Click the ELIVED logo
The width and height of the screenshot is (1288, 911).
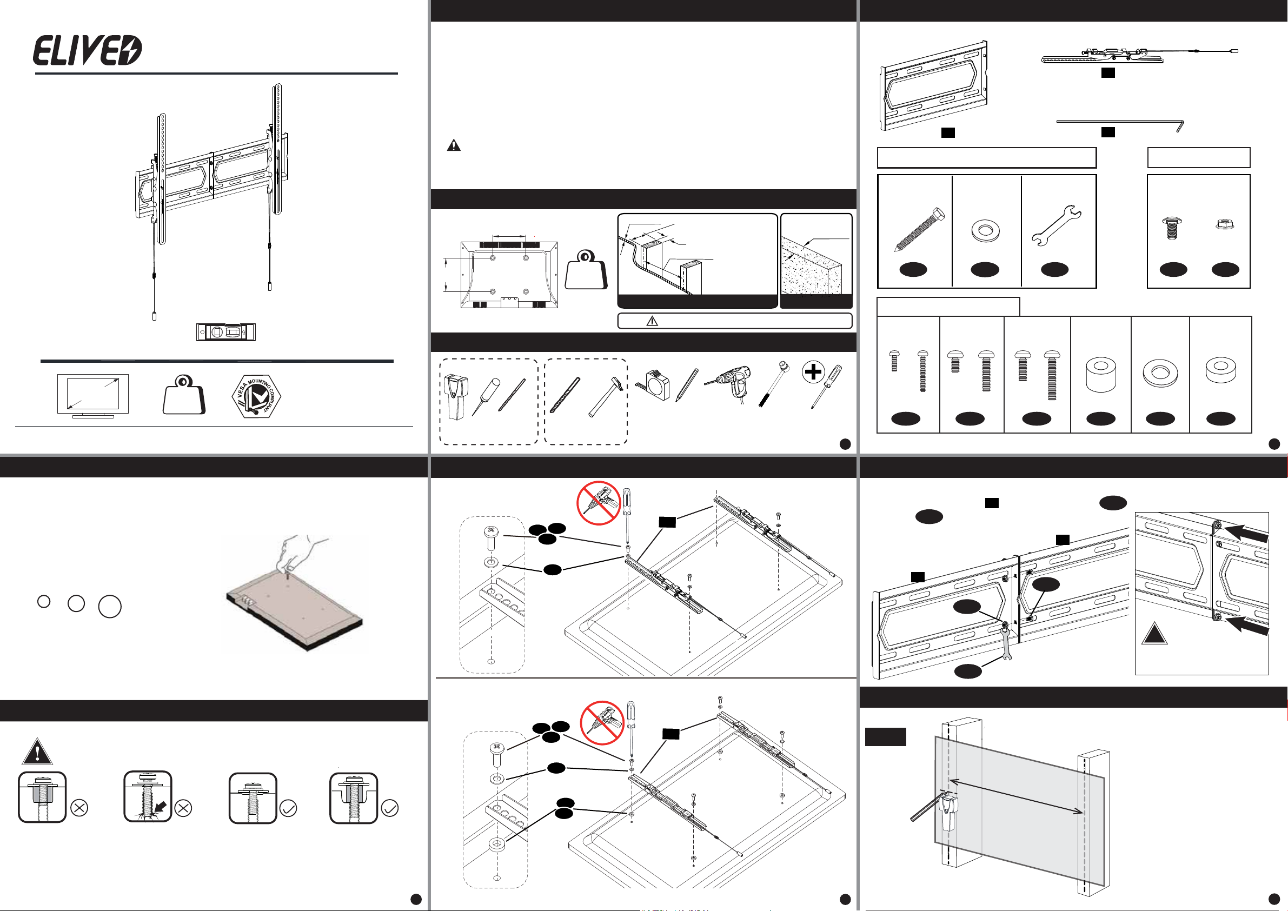click(88, 50)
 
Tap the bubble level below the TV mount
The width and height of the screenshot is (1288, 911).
click(225, 332)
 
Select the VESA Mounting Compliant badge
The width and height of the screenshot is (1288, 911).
click(256, 395)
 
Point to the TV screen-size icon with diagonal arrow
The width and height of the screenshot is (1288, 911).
click(93, 395)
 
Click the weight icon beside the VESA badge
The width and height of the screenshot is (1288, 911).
click(184, 395)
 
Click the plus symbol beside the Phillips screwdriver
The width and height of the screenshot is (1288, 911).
click(813, 371)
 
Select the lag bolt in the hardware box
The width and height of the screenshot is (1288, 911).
click(919, 229)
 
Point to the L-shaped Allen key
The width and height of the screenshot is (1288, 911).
click(1120, 123)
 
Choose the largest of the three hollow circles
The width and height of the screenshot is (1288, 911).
click(110, 607)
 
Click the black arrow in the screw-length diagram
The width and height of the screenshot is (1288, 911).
click(161, 807)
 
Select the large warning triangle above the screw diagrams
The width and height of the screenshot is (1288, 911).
click(37, 752)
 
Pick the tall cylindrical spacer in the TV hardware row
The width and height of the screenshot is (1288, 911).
click(1100, 375)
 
